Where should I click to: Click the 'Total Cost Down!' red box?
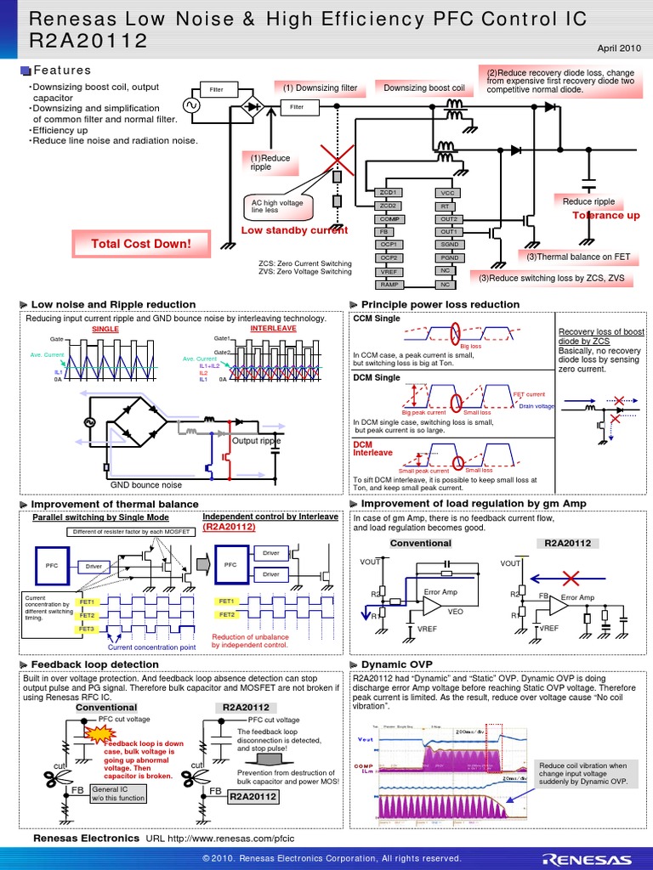click(141, 245)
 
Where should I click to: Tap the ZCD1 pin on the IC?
click(389, 193)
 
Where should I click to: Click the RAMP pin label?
click(389, 285)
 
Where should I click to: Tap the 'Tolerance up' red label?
click(605, 216)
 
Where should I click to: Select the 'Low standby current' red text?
click(294, 230)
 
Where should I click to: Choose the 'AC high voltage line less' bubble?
click(271, 206)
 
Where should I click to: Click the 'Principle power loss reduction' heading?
click(440, 304)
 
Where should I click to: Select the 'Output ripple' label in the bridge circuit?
click(256, 441)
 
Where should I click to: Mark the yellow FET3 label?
click(87, 628)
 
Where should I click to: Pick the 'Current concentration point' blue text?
click(151, 647)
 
